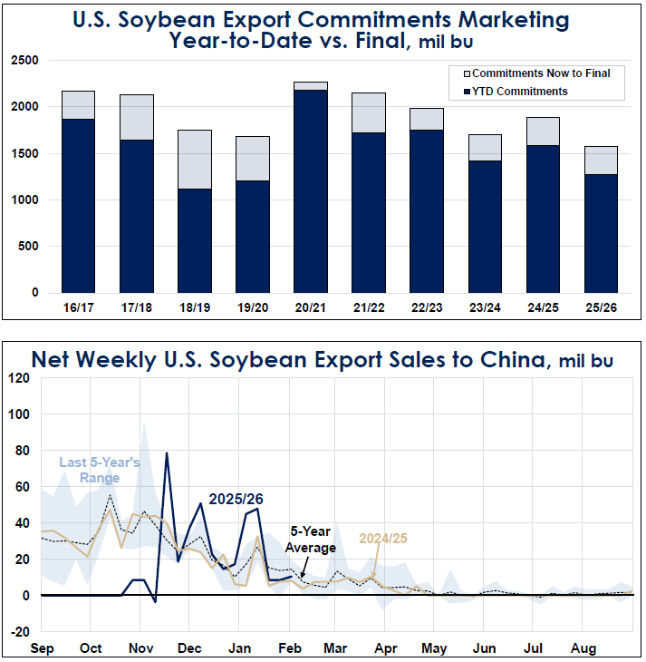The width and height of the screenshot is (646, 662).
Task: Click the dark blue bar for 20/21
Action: click(310, 190)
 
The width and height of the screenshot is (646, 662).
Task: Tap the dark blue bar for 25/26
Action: click(601, 233)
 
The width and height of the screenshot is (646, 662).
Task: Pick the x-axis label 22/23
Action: click(427, 308)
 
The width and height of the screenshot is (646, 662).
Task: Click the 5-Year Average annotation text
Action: click(311, 540)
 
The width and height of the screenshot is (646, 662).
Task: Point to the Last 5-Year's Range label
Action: click(99, 470)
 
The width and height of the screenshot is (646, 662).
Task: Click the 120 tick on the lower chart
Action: click(17, 378)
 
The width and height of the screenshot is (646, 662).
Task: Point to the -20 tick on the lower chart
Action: click(17, 632)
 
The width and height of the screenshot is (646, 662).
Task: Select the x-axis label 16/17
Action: click(79, 308)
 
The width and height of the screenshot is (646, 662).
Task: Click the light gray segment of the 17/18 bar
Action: click(136, 117)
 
